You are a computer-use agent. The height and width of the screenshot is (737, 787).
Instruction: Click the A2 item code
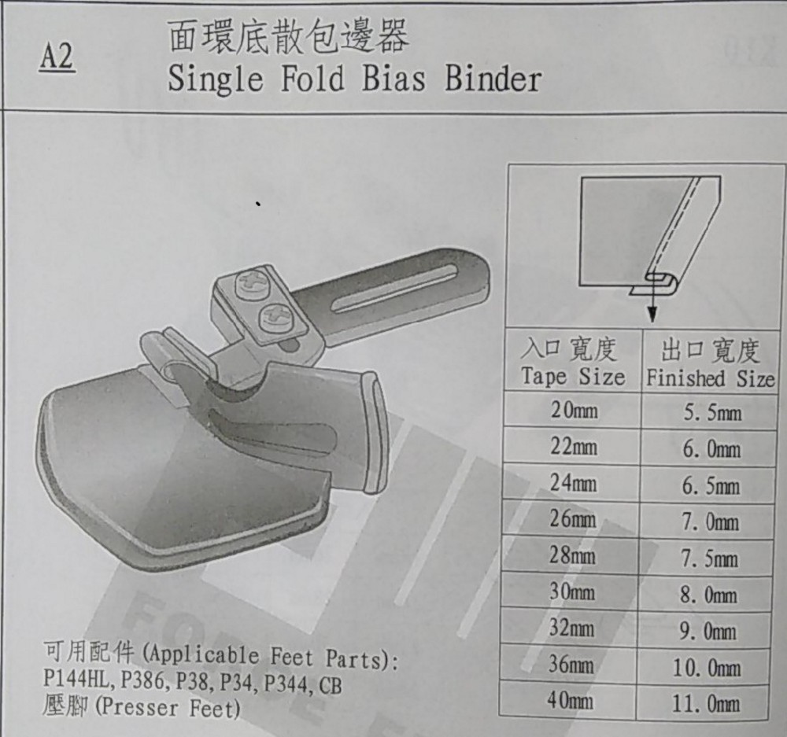(57, 57)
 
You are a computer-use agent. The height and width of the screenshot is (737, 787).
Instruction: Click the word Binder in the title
(493, 79)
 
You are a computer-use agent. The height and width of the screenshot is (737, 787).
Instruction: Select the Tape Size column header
(573, 377)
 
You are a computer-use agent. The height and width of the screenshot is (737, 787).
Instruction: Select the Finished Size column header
(711, 378)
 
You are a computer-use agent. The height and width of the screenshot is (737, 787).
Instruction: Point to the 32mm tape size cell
(571, 628)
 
